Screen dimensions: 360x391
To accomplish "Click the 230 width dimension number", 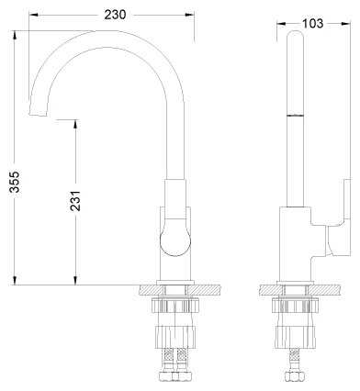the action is [x=115, y=15].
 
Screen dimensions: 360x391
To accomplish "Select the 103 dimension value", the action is [x=312, y=23].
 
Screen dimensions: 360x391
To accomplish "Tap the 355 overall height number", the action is [x=15, y=182].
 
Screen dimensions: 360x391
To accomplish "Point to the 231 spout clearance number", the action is [x=75, y=201].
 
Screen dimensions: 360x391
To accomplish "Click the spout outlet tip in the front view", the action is [x=38, y=114].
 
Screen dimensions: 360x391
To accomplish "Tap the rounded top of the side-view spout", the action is [x=295, y=35].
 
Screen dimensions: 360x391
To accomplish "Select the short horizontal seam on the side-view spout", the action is [x=295, y=116].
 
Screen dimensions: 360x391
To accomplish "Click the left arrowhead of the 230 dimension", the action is [x=33, y=15].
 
